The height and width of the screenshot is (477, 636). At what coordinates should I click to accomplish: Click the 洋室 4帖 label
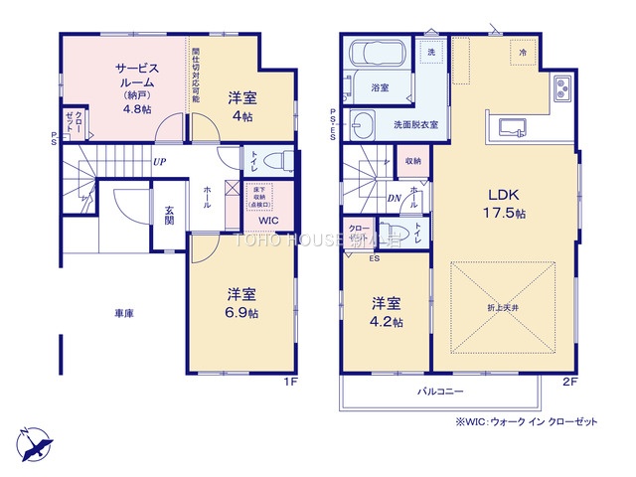[x=241, y=104]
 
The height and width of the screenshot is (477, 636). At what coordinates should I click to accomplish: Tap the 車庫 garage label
[x=123, y=313]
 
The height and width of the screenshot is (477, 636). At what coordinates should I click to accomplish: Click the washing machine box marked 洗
[x=431, y=52]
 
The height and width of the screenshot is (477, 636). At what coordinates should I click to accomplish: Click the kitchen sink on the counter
[x=511, y=125]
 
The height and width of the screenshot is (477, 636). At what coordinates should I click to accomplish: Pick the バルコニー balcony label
[x=440, y=392]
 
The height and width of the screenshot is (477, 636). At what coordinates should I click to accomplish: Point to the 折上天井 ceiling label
[x=503, y=337]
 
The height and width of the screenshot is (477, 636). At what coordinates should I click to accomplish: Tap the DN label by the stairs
[x=394, y=197]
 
